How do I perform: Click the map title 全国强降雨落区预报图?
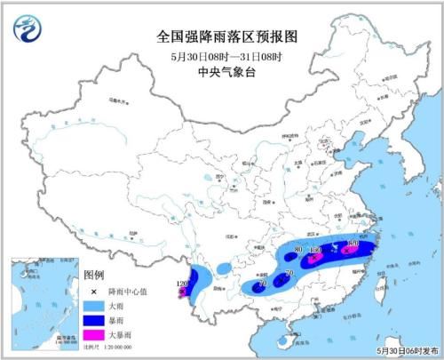pyautogui.click(x=221, y=38)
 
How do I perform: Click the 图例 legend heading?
pyautogui.click(x=93, y=276)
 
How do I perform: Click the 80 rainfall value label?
pyautogui.click(x=298, y=248)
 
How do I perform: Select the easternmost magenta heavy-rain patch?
pyautogui.click(x=350, y=252)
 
